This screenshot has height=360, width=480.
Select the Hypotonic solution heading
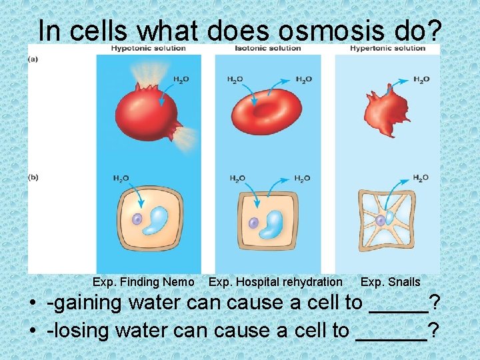(x=147, y=48)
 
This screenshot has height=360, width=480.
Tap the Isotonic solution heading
(x=267, y=48)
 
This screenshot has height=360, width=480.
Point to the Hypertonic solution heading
(x=387, y=48)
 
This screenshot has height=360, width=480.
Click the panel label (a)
(x=33, y=59)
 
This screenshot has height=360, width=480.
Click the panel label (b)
(x=33, y=177)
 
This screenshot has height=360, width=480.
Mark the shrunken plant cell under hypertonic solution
(x=387, y=220)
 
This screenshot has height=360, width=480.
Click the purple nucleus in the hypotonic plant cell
(x=137, y=219)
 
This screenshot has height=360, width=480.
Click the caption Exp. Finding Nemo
(x=143, y=282)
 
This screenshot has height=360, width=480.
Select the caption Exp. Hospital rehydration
(x=275, y=282)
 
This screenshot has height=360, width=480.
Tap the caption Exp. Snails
(x=390, y=282)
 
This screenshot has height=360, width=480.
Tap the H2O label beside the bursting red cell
(x=181, y=80)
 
